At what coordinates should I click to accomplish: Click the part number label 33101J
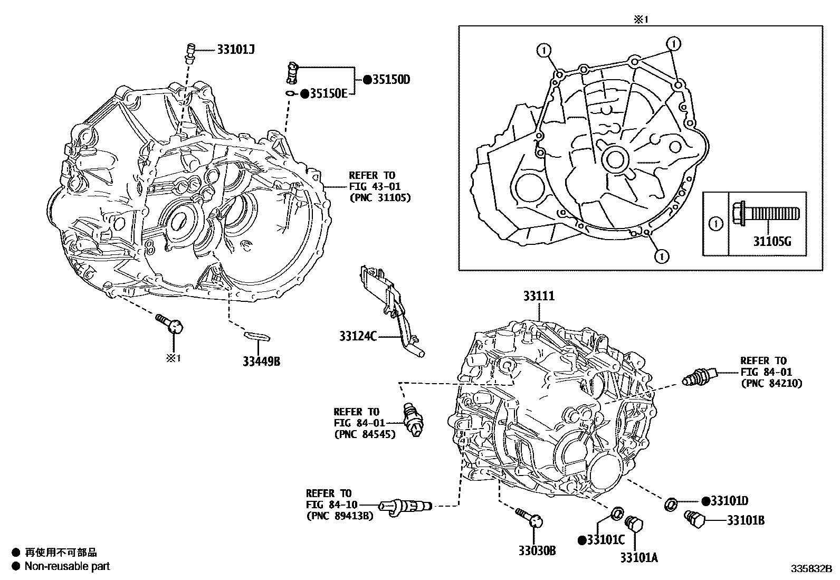click(x=236, y=49)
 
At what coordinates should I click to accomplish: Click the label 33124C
click(x=358, y=336)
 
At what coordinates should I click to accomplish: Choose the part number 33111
click(x=539, y=296)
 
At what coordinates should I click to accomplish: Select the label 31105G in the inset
click(x=772, y=242)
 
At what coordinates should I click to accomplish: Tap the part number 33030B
click(x=537, y=551)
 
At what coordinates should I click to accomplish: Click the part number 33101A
click(x=639, y=557)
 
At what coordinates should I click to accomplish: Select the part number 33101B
click(x=746, y=521)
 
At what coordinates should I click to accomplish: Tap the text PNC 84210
click(x=771, y=384)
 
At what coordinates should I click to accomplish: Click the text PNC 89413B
click(x=339, y=516)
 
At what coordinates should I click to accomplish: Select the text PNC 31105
click(x=379, y=197)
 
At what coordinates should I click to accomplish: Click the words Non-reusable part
click(x=68, y=566)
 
